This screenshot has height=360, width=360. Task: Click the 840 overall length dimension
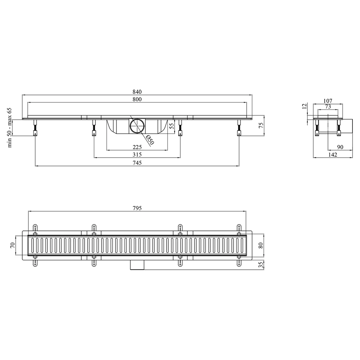pyautogui.click(x=137, y=92)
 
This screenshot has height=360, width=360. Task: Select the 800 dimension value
pyautogui.click(x=137, y=99)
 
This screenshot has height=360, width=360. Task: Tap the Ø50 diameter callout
pyautogui.click(x=150, y=140)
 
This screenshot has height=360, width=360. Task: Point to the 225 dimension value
pyautogui.click(x=137, y=147)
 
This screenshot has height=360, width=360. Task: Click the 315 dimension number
pyautogui.click(x=137, y=154)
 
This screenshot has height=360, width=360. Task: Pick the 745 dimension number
pyautogui.click(x=137, y=163)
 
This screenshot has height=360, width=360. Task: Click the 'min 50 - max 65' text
pyautogui.click(x=9, y=128)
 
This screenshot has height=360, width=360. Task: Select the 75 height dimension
pyautogui.click(x=261, y=126)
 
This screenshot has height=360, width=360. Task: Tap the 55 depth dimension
pyautogui.click(x=171, y=126)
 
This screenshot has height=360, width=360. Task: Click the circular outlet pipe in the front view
pyautogui.click(x=137, y=126)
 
